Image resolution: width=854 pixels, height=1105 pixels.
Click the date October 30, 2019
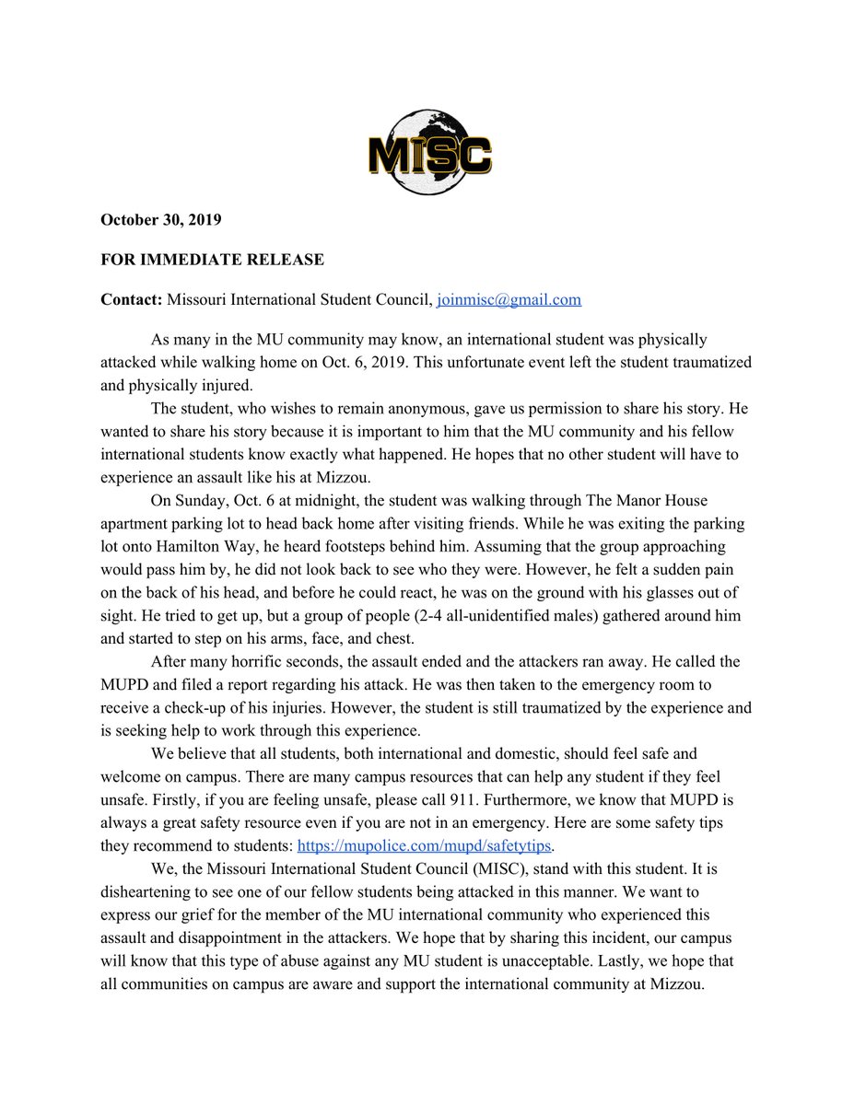161,221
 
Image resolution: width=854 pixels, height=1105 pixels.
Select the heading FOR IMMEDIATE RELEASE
212,260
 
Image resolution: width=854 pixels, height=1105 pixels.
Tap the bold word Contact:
131,299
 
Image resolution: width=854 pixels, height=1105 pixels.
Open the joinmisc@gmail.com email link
509,299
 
